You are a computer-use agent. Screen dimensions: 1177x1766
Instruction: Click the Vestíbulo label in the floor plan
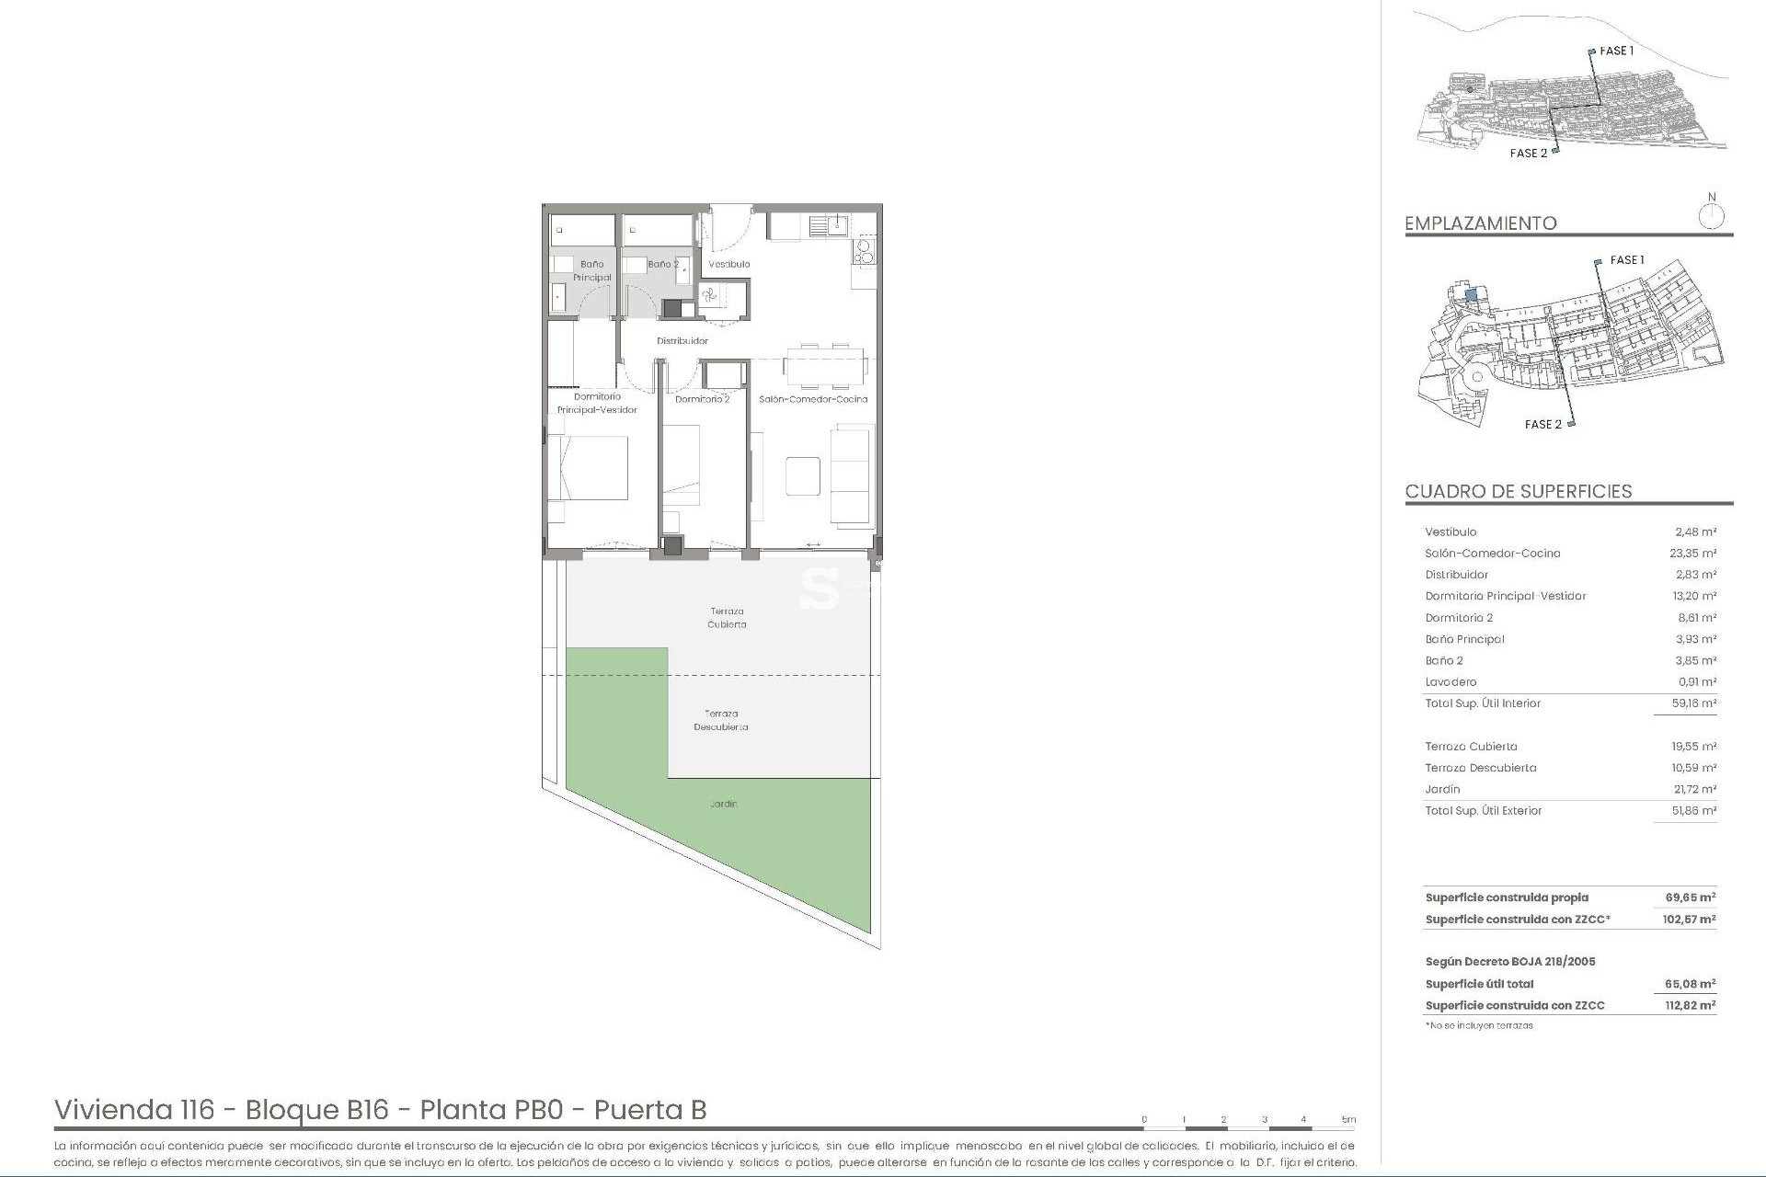pyautogui.click(x=728, y=264)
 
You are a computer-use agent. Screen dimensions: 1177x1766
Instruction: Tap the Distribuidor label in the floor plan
pyautogui.click(x=682, y=341)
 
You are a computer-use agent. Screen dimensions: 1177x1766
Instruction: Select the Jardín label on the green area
pyautogui.click(x=724, y=804)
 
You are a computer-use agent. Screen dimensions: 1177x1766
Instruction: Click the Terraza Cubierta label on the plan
pyautogui.click(x=727, y=618)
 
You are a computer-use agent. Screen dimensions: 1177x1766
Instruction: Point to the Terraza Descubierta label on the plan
pyautogui.click(x=721, y=720)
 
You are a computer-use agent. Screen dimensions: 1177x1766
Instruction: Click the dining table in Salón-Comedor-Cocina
pyautogui.click(x=825, y=366)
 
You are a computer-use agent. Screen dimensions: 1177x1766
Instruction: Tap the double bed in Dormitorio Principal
pyautogui.click(x=589, y=468)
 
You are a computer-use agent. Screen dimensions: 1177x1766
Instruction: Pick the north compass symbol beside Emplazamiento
pyautogui.click(x=1711, y=217)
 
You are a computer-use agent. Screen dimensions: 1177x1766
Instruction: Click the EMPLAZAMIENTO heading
pyautogui.click(x=1480, y=223)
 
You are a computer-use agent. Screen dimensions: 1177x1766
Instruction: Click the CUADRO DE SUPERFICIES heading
pyautogui.click(x=1518, y=491)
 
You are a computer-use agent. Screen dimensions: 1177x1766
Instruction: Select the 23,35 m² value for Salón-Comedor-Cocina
pyautogui.click(x=1693, y=554)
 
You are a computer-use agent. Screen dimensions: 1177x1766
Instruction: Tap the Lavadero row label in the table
pyautogui.click(x=1451, y=682)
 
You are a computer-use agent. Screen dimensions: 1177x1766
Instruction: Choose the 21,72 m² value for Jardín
pyautogui.click(x=1694, y=789)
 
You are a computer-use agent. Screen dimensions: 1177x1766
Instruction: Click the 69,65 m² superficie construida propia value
pyautogui.click(x=1690, y=897)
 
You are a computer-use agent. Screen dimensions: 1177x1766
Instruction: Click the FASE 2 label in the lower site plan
pyautogui.click(x=1542, y=424)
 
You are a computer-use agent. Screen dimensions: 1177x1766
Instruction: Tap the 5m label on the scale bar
pyautogui.click(x=1348, y=1119)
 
